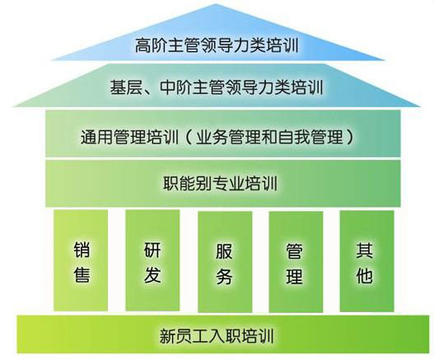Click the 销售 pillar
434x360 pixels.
[81, 260]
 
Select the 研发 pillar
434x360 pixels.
[152, 260]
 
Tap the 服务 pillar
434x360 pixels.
[225, 262]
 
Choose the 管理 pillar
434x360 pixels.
[296, 262]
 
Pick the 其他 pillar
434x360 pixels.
[366, 261]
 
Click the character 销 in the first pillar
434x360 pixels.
[82, 250]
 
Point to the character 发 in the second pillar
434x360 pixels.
[152, 274]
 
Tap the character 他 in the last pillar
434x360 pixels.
[365, 274]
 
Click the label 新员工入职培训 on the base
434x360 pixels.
[217, 335]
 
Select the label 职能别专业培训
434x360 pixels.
[221, 183]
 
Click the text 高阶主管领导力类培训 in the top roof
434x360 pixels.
[217, 45]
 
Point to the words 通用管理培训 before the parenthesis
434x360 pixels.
[129, 137]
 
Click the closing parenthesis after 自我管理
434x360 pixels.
[349, 137]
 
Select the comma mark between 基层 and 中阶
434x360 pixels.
[151, 91]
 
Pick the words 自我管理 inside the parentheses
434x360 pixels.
[310, 137]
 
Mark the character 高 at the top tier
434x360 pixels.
[143, 45]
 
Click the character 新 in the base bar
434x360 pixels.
[168, 335]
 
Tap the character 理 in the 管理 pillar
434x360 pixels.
[294, 276]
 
